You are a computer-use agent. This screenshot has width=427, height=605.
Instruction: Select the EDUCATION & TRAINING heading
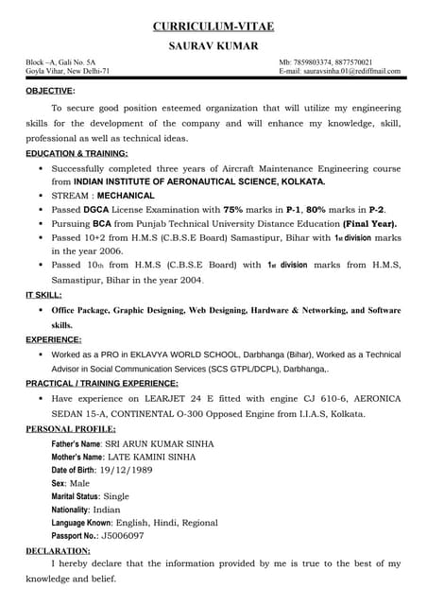[x=77, y=152]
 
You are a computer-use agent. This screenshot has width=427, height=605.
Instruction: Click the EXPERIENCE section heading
[x=53, y=337]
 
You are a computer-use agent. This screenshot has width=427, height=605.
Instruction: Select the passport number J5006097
[x=123, y=535]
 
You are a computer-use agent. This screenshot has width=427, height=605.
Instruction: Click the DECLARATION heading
[x=58, y=549]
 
